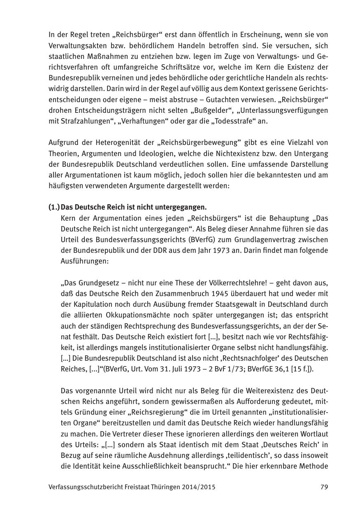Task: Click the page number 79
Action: click(324, 487)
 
